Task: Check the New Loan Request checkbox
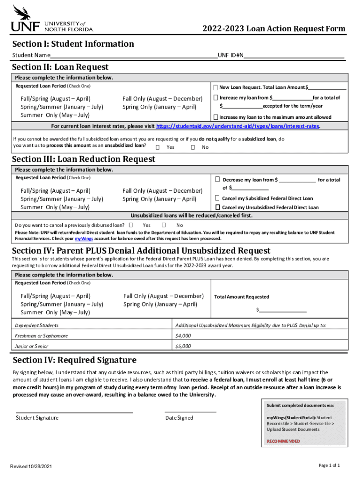(x=216, y=87)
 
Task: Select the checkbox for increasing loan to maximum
(x=216, y=117)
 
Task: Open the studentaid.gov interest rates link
(x=238, y=126)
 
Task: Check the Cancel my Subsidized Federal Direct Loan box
(x=217, y=198)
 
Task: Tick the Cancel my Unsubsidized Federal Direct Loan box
(x=217, y=207)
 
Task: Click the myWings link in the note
(x=82, y=238)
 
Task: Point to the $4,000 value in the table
(x=183, y=336)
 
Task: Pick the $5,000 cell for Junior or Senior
(x=183, y=346)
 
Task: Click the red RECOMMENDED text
(x=283, y=441)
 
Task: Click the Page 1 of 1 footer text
(x=329, y=465)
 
